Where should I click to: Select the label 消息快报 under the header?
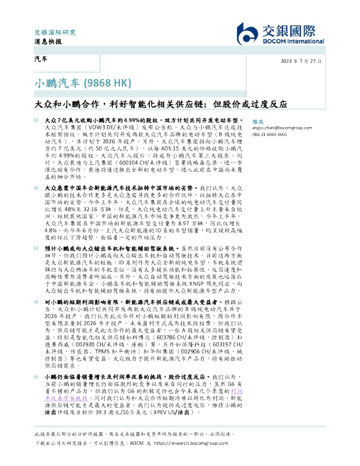point(42,42)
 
